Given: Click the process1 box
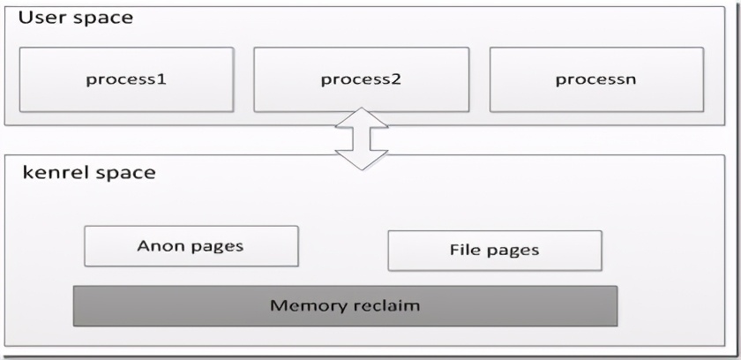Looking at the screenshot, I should pos(126,79).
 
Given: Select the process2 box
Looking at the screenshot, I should pos(361,79).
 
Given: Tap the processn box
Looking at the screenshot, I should pos(596,79).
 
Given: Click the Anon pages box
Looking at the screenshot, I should pos(191,246).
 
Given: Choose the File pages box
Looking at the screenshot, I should pos(494,251).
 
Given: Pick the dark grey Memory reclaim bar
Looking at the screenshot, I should pos(345,306).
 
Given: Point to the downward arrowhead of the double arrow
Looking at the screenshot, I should pos(361,160).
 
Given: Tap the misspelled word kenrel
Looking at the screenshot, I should pos(54,172).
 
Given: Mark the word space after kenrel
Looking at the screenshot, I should pos(123,173).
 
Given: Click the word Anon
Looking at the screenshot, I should pos(160,246).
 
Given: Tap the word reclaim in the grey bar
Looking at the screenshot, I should pos(384,306).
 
